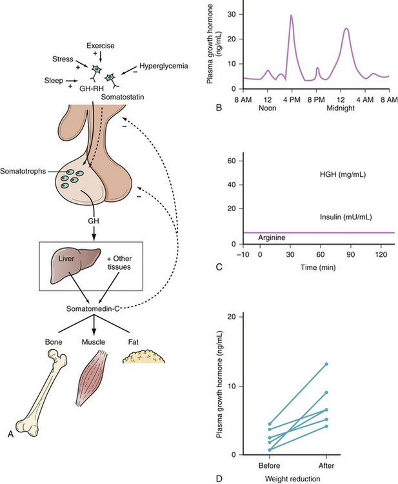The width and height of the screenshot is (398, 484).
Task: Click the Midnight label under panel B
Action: (x=346, y=108)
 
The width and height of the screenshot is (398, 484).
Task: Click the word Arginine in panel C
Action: (x=272, y=238)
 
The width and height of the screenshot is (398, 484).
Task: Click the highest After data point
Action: (x=326, y=364)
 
